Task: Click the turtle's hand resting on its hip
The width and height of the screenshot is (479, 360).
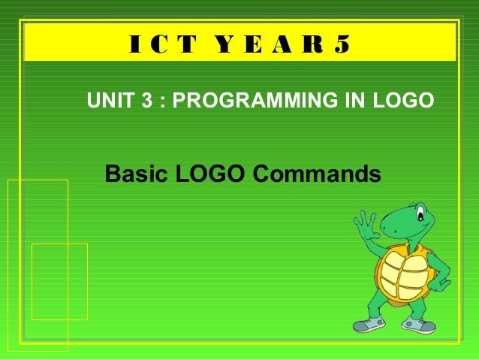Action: coord(442,284)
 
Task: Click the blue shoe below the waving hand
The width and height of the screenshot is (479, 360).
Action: coord(369,325)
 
